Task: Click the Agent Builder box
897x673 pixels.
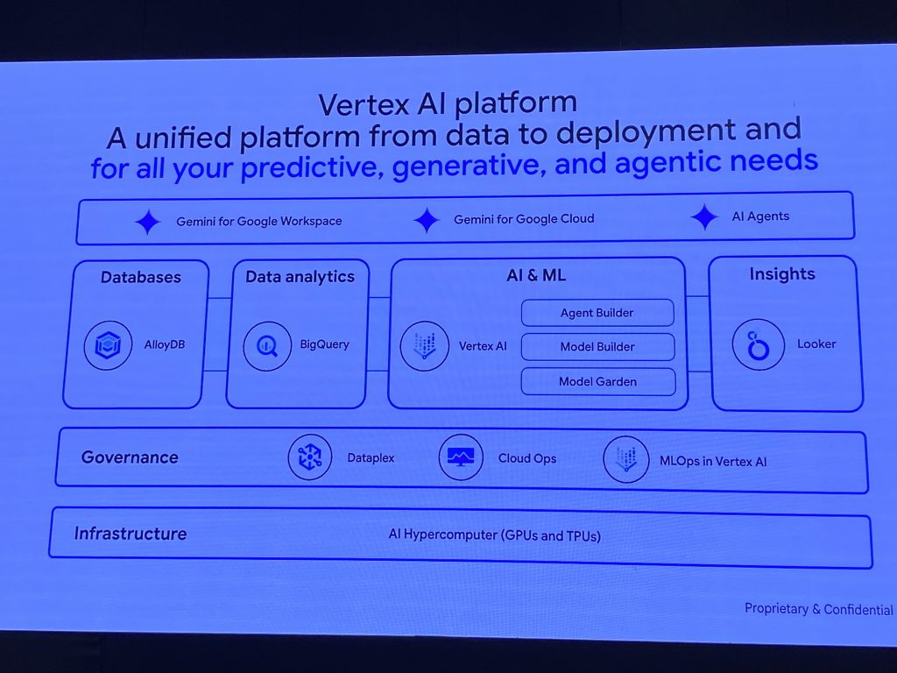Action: point(597,313)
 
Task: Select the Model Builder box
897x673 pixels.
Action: point(597,347)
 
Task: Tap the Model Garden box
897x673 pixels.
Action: point(598,381)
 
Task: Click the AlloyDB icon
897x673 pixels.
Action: point(109,345)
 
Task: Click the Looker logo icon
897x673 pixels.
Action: point(758,344)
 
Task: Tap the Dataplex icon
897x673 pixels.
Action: point(310,457)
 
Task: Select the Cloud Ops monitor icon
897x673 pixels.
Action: point(461,457)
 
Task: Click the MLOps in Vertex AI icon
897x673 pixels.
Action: point(625,460)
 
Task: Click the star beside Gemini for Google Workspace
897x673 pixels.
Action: point(148,222)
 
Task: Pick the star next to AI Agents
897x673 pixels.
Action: point(704,217)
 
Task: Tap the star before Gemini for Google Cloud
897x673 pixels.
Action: point(427,220)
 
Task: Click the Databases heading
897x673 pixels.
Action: point(141,277)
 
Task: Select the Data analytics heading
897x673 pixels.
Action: point(300,276)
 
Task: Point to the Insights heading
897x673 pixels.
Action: point(782,274)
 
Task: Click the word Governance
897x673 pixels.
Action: point(130,457)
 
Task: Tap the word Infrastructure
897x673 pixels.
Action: point(131,533)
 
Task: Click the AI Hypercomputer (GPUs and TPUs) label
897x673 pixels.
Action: point(495,535)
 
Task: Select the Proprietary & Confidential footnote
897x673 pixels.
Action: point(819,609)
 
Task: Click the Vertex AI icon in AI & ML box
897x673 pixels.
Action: point(424,345)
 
